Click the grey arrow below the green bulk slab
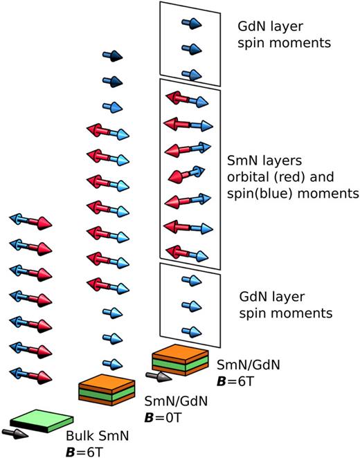tap(15, 433)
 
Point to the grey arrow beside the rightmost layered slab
tap(157, 376)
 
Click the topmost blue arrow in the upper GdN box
tap(190, 24)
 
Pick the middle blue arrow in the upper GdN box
tap(190, 48)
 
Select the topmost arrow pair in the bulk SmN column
tap(30, 221)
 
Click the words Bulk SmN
tap(94, 437)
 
